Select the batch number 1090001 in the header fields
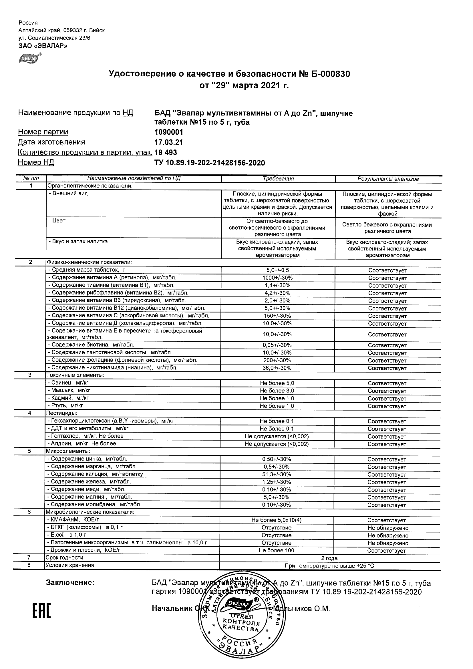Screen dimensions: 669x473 click(x=169, y=132)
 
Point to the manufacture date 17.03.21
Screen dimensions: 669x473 click(x=169, y=142)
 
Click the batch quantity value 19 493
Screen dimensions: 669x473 click(x=166, y=152)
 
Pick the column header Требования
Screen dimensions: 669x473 click(x=278, y=179)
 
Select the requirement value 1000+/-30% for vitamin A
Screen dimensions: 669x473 click(x=277, y=278)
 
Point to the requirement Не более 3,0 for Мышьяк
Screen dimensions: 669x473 click(x=277, y=391)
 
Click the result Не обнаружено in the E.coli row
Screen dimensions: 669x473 click(x=388, y=535)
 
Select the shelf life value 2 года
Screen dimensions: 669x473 click(x=329, y=558)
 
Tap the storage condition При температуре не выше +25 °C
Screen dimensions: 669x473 click(x=329, y=566)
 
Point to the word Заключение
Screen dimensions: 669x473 click(x=70, y=583)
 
